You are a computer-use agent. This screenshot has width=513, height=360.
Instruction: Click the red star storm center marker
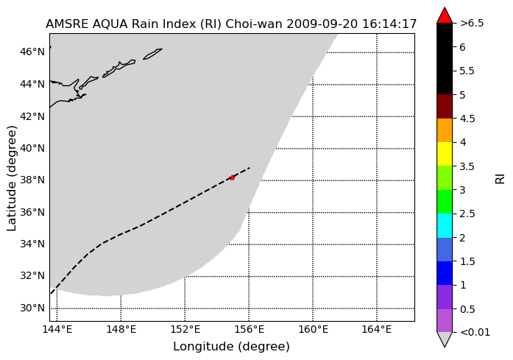[232, 178]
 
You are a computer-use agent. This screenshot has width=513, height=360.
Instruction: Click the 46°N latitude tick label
[32, 52]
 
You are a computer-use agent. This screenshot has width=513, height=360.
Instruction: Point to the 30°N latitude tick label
[32, 308]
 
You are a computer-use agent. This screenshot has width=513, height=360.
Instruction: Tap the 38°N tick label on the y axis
[32, 180]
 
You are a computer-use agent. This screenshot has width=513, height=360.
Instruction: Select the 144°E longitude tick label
[57, 329]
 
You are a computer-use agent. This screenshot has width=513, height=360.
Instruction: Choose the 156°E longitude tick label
[249, 329]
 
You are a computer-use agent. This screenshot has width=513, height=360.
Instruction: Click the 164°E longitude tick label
[377, 329]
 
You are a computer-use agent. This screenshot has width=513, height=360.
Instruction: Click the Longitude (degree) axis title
[231, 347]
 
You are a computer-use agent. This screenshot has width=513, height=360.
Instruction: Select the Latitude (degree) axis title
[12, 178]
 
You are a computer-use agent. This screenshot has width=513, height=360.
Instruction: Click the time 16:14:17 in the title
[389, 24]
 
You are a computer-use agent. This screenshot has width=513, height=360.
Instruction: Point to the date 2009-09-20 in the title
[322, 24]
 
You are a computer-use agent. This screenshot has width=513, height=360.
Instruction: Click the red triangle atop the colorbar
[445, 16]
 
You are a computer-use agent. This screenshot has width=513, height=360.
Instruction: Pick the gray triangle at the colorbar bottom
[445, 339]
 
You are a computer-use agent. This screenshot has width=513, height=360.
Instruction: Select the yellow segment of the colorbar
[445, 154]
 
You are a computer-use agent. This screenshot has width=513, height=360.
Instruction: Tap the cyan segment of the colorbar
[445, 225]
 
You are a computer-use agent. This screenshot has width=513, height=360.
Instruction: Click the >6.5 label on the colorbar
[472, 24]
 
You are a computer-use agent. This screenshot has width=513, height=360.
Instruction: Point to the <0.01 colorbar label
[475, 333]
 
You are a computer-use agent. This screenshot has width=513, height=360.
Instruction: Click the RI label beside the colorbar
[500, 179]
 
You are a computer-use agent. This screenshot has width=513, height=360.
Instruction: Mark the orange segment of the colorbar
[445, 130]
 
